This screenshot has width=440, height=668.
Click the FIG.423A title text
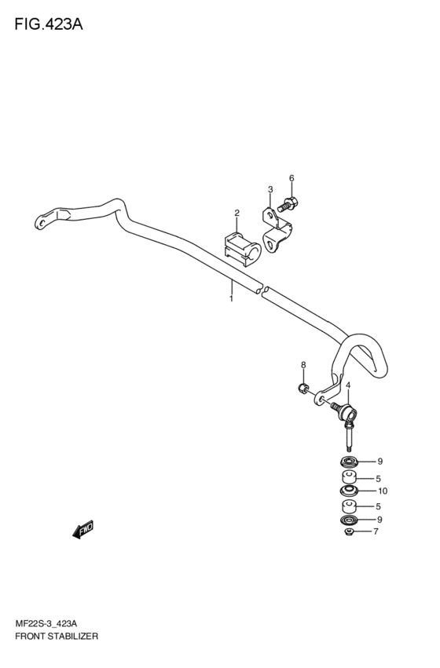[x=49, y=24]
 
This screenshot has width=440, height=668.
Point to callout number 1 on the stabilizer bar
[x=231, y=299]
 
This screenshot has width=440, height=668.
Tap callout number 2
[x=236, y=213]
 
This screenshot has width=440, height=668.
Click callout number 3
[x=269, y=189]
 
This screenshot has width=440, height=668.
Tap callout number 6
[x=291, y=178]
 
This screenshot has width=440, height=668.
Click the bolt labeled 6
[x=288, y=205]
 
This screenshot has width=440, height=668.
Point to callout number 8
[x=303, y=365]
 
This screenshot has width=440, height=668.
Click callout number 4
[x=348, y=385]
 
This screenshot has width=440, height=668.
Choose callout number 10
[x=383, y=491]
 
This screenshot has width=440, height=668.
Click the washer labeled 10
[x=349, y=491]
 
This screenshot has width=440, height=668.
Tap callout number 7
[x=376, y=531]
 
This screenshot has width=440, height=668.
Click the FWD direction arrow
[x=83, y=529]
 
